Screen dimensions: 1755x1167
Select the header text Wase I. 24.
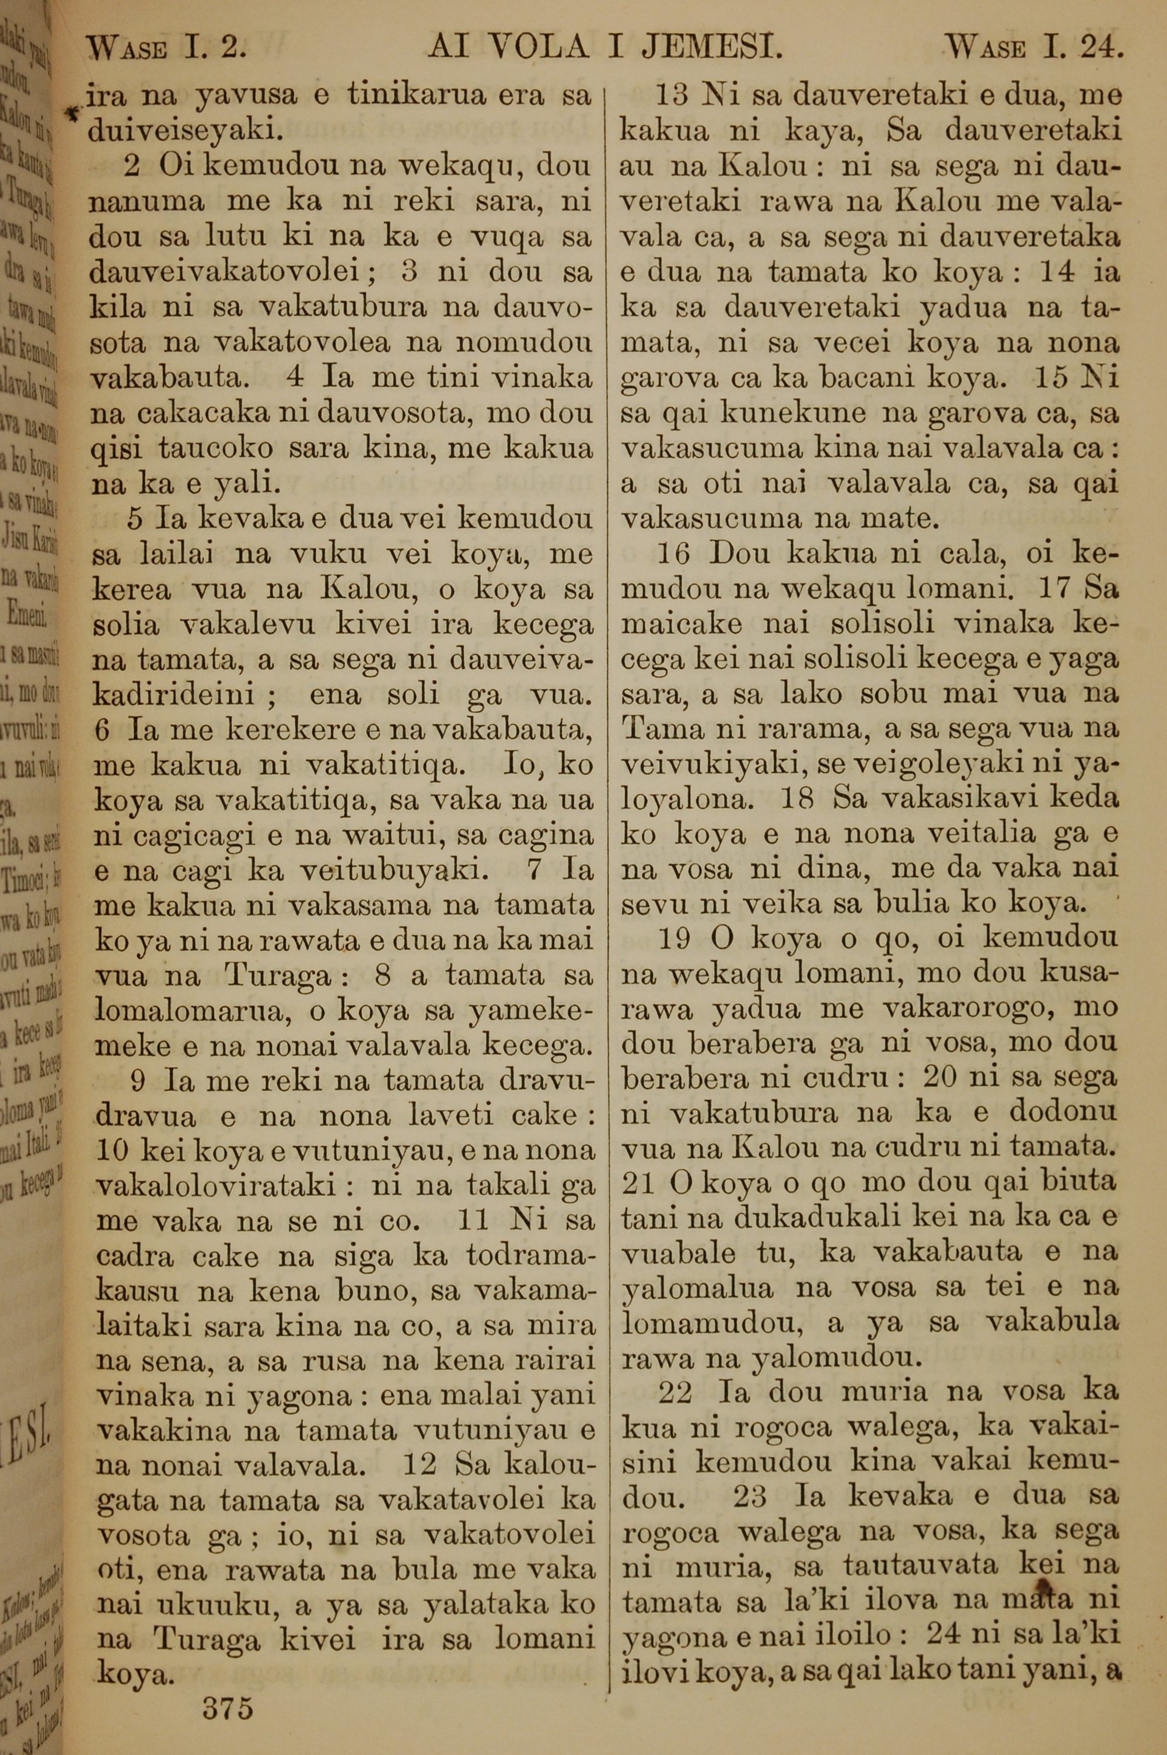[1035, 49]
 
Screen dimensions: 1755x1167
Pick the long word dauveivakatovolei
[232, 273]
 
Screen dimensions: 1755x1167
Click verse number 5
[135, 519]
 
